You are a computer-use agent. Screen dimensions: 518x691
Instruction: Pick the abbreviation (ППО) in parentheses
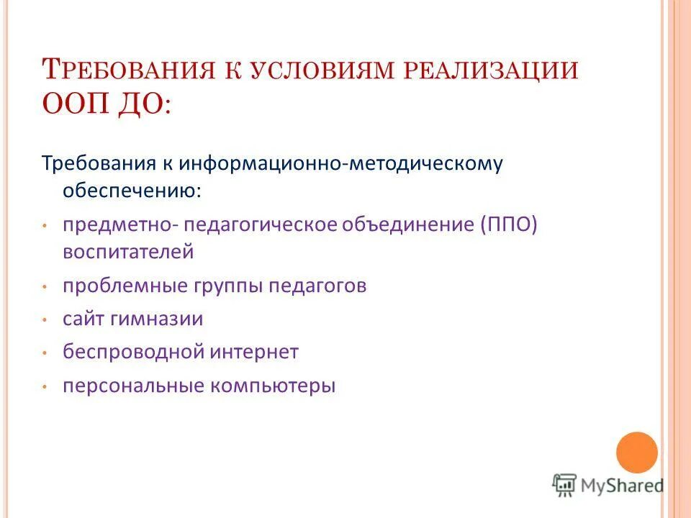coord(506,224)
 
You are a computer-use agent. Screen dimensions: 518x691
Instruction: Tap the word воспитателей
coord(128,252)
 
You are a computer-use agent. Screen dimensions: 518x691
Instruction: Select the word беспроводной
coord(134,353)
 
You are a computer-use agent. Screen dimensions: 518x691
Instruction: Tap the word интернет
coord(255,353)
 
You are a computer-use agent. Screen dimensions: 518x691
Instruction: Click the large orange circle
coord(637,452)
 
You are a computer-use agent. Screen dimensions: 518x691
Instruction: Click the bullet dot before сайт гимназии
coord(45,319)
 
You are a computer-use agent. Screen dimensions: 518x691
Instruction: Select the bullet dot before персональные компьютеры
coord(45,387)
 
